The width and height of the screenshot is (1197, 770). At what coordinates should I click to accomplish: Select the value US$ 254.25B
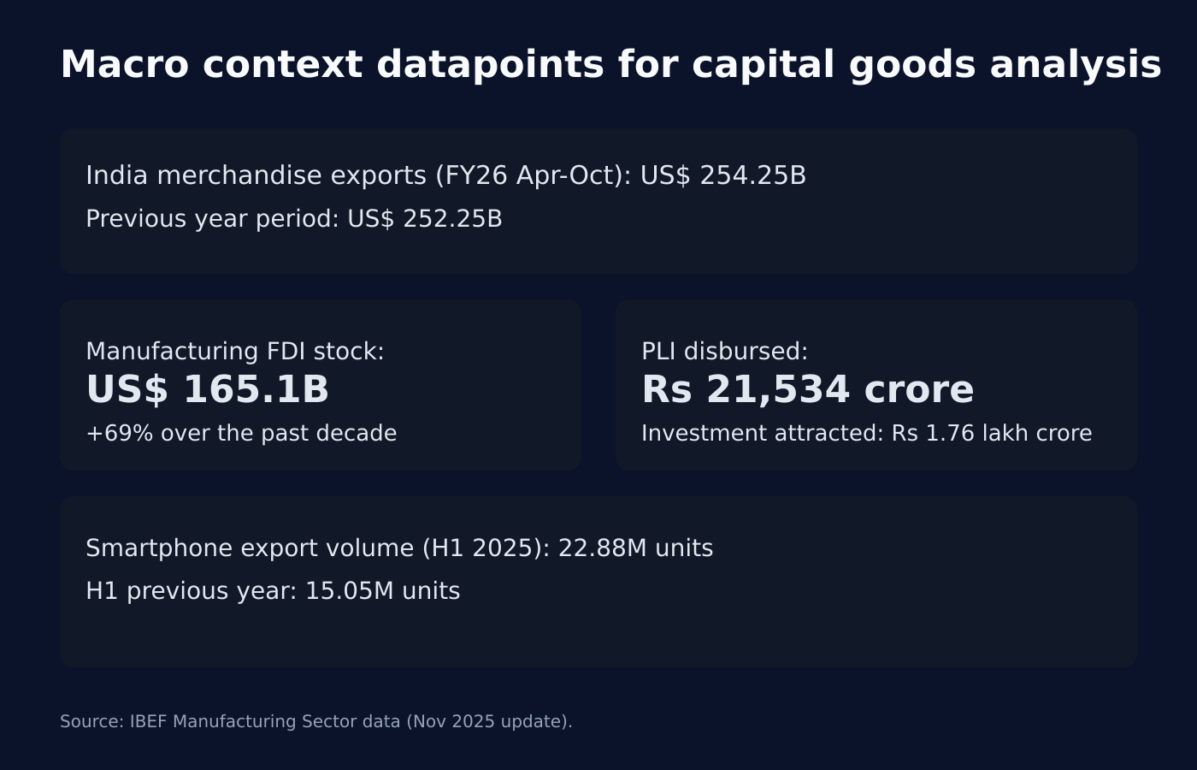(x=722, y=175)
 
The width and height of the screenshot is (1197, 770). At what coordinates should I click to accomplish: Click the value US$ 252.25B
(x=424, y=219)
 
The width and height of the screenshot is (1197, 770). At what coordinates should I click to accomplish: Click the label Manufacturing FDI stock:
(x=235, y=352)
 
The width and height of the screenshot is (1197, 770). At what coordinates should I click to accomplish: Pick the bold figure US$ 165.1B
(x=207, y=390)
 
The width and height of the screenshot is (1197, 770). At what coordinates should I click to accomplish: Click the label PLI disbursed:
(x=724, y=352)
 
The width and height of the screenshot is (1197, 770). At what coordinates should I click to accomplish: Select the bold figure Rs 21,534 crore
(x=807, y=390)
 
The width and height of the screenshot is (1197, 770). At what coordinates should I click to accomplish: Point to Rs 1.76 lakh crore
(x=992, y=433)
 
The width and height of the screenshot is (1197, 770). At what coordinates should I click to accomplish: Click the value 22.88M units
(x=635, y=548)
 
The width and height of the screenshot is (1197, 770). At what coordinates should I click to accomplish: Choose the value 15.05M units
(x=382, y=591)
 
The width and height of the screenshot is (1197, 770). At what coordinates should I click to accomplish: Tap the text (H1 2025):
(x=486, y=548)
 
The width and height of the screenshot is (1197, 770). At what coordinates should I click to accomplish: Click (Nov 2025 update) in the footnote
(x=488, y=721)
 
